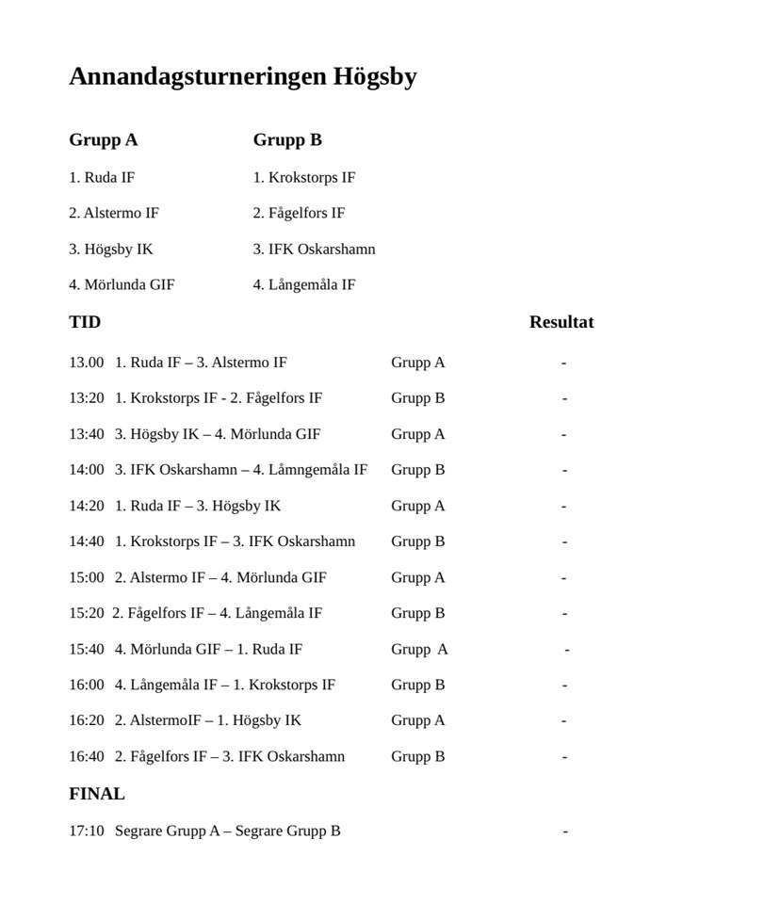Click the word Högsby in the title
point(374,76)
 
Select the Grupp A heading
point(103,140)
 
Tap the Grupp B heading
point(287,140)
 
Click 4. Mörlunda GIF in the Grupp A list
point(122,284)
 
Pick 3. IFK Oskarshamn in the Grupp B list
point(314,249)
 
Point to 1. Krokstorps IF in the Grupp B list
point(303,177)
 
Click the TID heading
point(85,322)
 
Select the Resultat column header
point(561,322)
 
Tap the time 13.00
point(86,363)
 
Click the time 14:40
point(86,541)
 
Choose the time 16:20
point(86,720)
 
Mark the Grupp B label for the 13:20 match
point(417,398)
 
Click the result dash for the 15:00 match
point(564,577)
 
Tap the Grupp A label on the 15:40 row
point(419,649)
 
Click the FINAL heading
point(96,794)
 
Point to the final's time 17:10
point(86,831)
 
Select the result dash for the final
point(565,831)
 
